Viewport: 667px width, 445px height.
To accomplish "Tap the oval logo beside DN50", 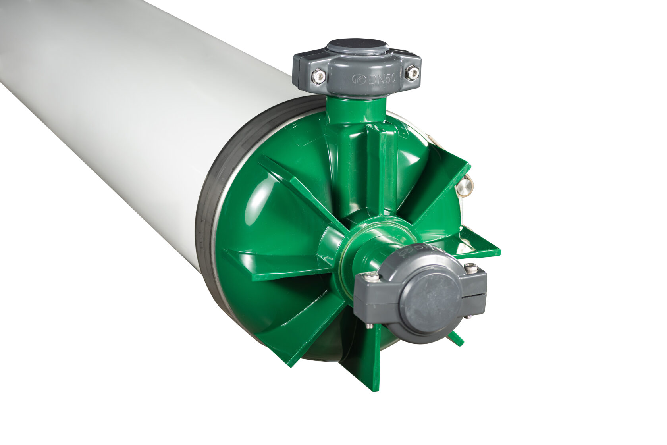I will [x=359, y=79].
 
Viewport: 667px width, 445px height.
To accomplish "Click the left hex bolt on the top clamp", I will [x=318, y=76].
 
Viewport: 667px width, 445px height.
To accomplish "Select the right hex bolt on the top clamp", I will [x=413, y=73].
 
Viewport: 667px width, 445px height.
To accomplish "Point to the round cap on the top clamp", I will [x=357, y=46].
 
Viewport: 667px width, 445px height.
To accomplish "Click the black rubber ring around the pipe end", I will [x=206, y=222].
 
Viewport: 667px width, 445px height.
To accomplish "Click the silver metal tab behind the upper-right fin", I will [x=464, y=187].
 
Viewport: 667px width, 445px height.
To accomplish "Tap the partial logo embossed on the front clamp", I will [x=417, y=249].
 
